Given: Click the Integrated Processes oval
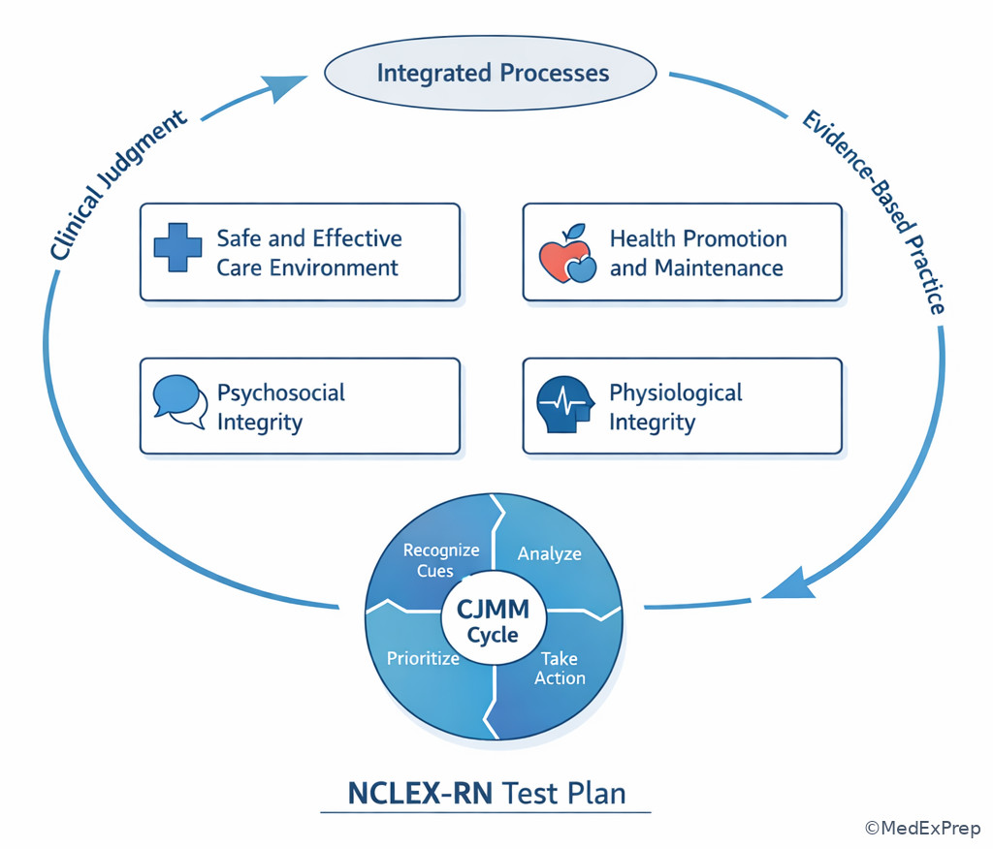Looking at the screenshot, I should (x=493, y=74).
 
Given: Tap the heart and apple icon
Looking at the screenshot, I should (x=566, y=254).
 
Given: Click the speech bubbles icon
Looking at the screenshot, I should (x=180, y=401).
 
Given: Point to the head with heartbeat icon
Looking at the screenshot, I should (x=564, y=405).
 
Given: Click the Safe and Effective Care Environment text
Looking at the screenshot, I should (x=308, y=253).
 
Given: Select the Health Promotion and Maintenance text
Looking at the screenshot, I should (x=697, y=253).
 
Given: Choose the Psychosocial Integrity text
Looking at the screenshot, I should (x=280, y=407).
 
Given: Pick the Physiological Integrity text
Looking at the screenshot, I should (x=675, y=407).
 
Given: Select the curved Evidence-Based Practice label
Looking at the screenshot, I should (x=872, y=212).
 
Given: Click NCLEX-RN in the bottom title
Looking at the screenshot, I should (x=419, y=793).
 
